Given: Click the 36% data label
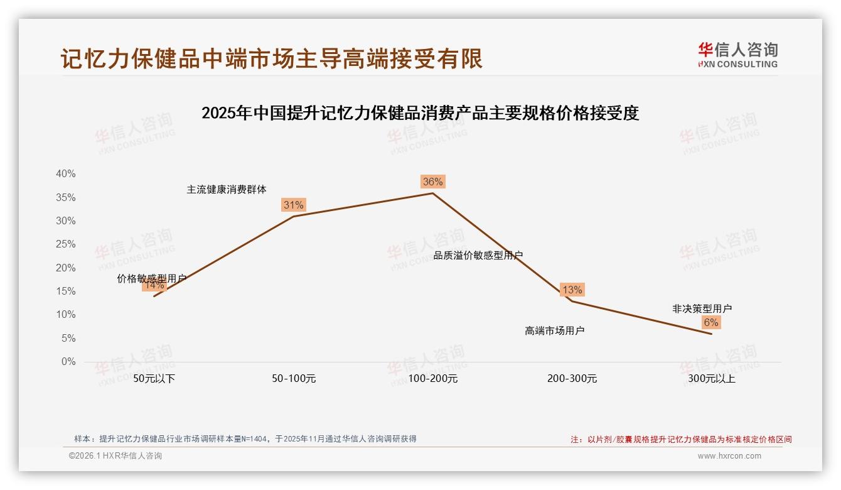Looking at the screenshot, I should pyautogui.click(x=432, y=182).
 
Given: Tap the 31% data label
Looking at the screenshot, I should pyautogui.click(x=293, y=205).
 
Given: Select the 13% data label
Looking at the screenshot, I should pyautogui.click(x=572, y=290).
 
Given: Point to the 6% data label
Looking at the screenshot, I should pyautogui.click(x=710, y=322).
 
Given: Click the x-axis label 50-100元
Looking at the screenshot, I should pyautogui.click(x=294, y=379).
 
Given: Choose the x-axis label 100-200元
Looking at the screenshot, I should pyautogui.click(x=433, y=379).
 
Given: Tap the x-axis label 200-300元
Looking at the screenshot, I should pyautogui.click(x=572, y=379).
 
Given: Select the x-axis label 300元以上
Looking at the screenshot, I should pyautogui.click(x=711, y=379).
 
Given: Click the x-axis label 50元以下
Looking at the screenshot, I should pyautogui.click(x=154, y=379).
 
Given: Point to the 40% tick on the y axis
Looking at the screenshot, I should pyautogui.click(x=66, y=174).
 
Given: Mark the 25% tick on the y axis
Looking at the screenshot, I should pyautogui.click(x=66, y=244).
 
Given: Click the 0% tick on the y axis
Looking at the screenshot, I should pyautogui.click(x=68, y=362).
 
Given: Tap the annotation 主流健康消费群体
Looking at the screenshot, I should pyautogui.click(x=226, y=189).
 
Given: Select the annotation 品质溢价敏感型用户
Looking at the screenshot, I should pyautogui.click(x=478, y=255).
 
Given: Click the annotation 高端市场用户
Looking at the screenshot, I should pyautogui.click(x=554, y=330).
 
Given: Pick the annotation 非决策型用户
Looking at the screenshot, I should pyautogui.click(x=702, y=308).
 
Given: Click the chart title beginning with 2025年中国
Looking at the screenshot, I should pyautogui.click(x=420, y=113).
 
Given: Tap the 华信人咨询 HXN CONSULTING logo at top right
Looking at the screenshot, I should pyautogui.click(x=737, y=55).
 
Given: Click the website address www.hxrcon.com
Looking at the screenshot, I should pyautogui.click(x=729, y=456).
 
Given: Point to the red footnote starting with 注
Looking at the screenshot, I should pyautogui.click(x=681, y=439).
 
